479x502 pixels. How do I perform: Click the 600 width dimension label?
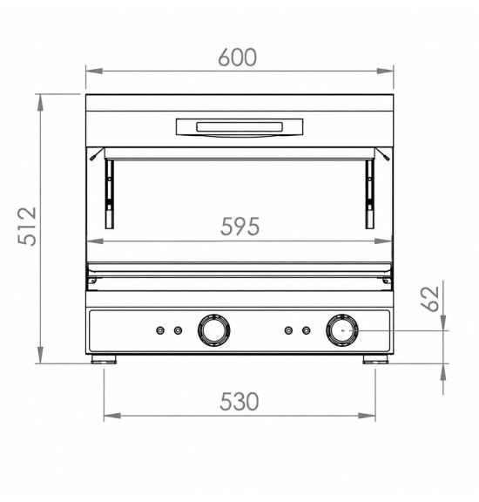click(x=237, y=58)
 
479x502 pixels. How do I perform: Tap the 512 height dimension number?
click(x=28, y=226)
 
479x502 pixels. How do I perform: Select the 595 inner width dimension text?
click(x=240, y=227)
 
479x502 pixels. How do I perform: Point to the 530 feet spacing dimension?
click(x=239, y=402)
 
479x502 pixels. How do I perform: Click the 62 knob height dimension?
click(x=429, y=299)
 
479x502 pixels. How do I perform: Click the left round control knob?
click(x=213, y=330)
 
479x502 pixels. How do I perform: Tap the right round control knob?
click(x=342, y=330)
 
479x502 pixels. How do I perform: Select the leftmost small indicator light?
click(x=160, y=330)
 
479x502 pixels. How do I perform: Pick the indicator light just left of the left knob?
click(x=178, y=330)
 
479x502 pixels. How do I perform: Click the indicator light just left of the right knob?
click(x=307, y=330)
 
